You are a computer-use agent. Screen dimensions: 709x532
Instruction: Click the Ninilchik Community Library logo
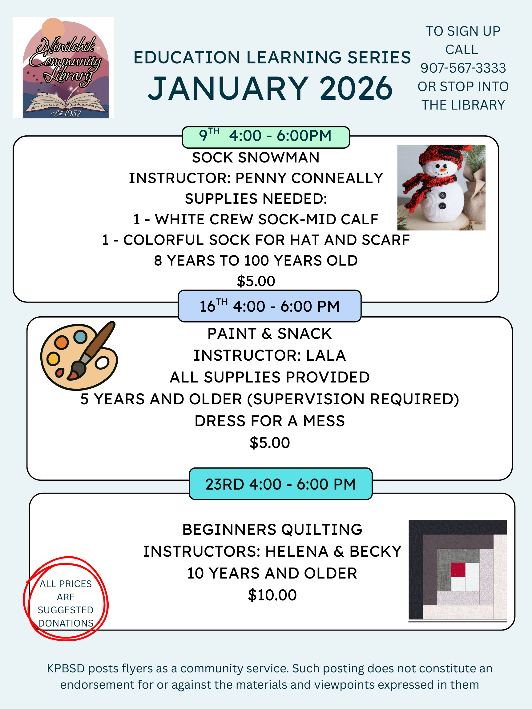click(63, 68)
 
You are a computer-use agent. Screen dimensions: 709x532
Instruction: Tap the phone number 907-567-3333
click(463, 68)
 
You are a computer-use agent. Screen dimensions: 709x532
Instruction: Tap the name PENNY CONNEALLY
click(309, 178)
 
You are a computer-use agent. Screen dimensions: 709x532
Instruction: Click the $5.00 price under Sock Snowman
click(256, 281)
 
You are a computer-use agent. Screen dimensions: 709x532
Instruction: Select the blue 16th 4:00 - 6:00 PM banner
click(269, 306)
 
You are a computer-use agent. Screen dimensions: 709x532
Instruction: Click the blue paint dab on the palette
click(80, 337)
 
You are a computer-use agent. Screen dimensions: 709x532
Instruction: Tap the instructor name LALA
click(326, 355)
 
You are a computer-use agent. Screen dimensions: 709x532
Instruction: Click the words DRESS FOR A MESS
click(269, 421)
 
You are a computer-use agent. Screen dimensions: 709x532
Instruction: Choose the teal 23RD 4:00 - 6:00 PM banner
click(280, 484)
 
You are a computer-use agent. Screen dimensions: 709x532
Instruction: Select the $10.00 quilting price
click(272, 595)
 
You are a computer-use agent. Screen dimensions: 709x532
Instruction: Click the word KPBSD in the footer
click(66, 668)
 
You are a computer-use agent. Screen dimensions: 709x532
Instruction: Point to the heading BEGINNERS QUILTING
click(272, 530)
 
